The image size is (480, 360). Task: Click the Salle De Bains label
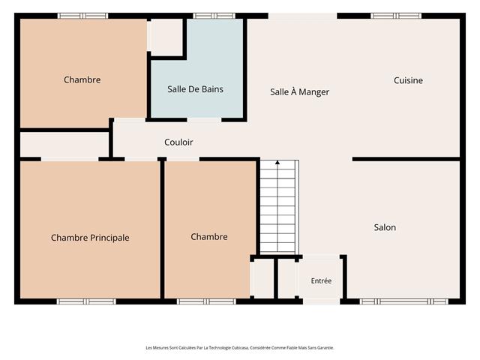(x=195, y=89)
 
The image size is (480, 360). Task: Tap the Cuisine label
(x=408, y=80)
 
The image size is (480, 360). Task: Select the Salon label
(x=385, y=227)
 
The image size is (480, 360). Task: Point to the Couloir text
(x=178, y=142)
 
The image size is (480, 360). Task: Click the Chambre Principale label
(x=90, y=238)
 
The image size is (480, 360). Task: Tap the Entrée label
(x=321, y=280)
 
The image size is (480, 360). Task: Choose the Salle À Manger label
(x=299, y=91)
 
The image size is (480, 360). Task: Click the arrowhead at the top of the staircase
(x=277, y=163)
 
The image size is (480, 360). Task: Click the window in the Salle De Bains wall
(x=214, y=16)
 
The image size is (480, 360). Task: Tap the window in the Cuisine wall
(x=396, y=16)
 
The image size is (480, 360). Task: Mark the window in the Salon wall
(x=404, y=301)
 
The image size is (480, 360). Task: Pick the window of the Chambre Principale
(x=86, y=301)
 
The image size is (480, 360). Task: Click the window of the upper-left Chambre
(x=83, y=16)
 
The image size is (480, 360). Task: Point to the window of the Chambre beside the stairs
(x=207, y=301)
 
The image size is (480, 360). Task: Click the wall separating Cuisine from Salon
(x=406, y=159)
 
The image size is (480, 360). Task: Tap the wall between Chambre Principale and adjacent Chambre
(x=162, y=229)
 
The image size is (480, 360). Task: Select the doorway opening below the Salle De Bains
(x=204, y=120)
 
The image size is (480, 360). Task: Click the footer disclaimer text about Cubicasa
(x=240, y=348)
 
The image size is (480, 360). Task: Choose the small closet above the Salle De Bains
(x=166, y=37)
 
